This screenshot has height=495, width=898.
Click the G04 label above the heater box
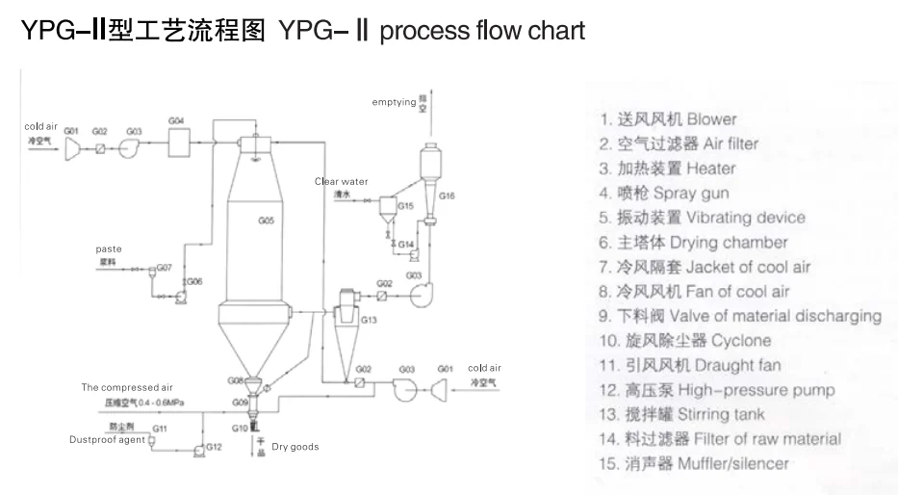coord(176,120)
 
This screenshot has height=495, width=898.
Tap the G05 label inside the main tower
coord(267,221)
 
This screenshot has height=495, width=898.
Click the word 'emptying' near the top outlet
coord(394,101)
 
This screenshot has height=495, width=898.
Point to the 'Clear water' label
coord(341,181)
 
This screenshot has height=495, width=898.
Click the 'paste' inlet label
coord(109,248)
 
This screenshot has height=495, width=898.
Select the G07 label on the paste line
coord(164,267)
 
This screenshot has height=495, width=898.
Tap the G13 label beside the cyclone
coord(369,319)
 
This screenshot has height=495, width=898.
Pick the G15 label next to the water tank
coord(406,206)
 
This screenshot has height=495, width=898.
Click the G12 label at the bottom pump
coord(214,447)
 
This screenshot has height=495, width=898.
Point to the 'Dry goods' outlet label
coord(295,447)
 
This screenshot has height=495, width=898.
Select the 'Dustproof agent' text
coord(107,440)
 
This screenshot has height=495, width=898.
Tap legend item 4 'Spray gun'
coord(664,193)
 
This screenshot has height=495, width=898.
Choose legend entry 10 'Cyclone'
coord(684,340)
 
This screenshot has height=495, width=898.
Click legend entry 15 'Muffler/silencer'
coord(693,463)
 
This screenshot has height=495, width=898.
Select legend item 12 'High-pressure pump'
coord(716,390)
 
